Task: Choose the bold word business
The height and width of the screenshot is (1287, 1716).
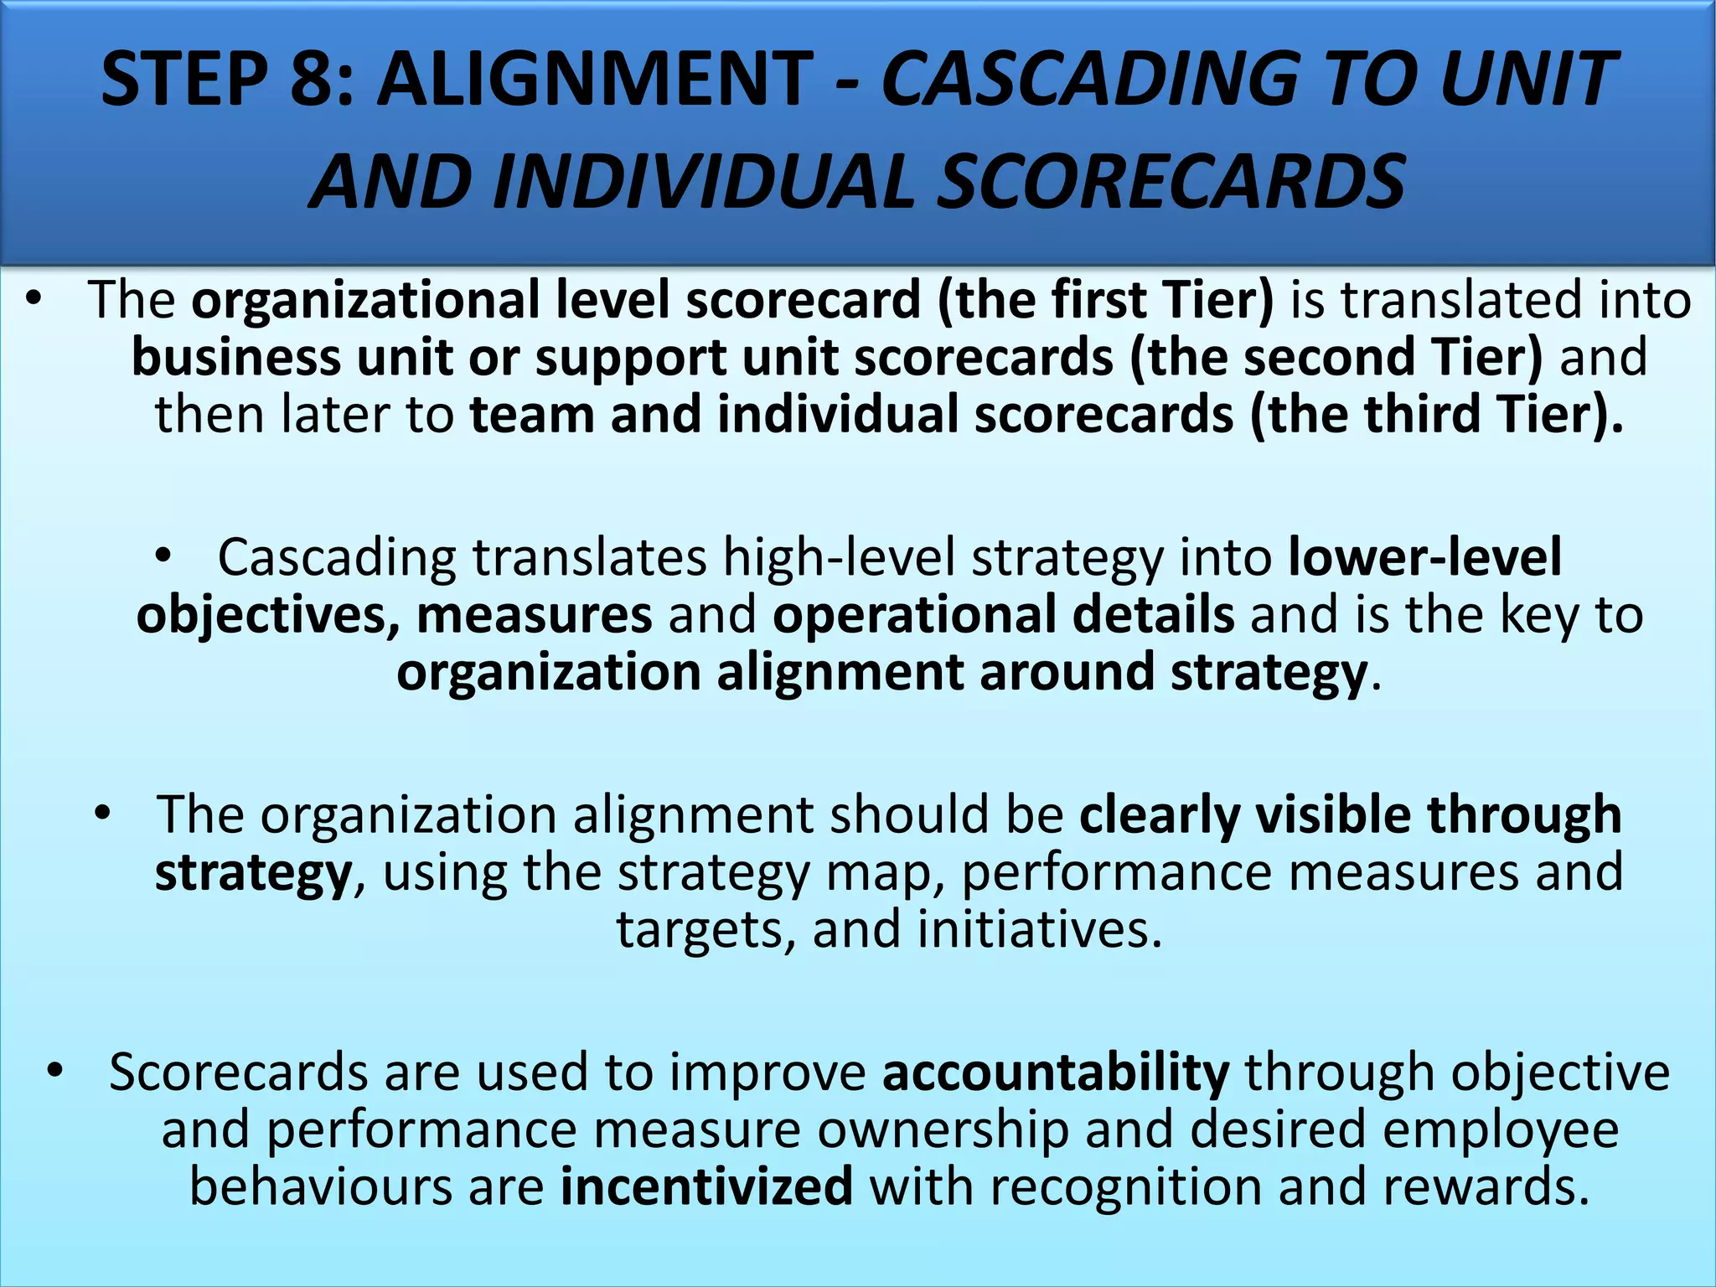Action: tap(235, 358)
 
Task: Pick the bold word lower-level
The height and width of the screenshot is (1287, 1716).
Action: tap(1424, 557)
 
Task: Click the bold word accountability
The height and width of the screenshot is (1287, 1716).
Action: tap(1056, 1072)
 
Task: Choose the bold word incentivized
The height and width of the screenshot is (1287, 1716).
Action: tap(706, 1187)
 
